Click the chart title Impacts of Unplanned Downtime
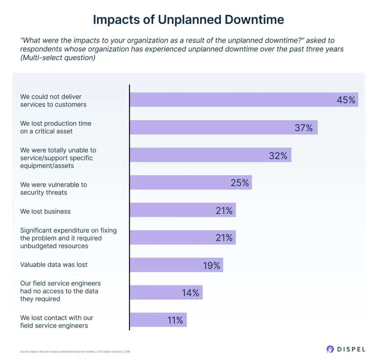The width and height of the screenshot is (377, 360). pos(188,19)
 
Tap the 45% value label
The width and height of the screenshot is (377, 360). pos(346,100)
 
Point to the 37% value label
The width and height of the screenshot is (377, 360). pos(303,128)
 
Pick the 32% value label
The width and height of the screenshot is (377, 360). pos(278,155)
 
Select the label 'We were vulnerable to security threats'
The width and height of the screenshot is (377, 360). pos(53,188)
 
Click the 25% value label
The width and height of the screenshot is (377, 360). pos(240,182)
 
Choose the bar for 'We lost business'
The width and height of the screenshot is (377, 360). pos(182,210)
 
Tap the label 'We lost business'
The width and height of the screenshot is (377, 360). pos(45,211)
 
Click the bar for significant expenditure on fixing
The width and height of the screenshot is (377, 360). pos(182,238)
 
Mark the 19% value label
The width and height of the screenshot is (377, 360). pos(211,265)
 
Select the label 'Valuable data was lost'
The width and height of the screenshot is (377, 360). pos(54,265)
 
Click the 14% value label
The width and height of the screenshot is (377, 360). pos(190,293)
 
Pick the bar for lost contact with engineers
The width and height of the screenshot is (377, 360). pos(158,320)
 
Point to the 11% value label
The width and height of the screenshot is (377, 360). pos(175,320)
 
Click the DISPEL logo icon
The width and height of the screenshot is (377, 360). pos(330,349)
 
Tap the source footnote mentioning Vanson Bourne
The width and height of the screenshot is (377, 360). pos(75,352)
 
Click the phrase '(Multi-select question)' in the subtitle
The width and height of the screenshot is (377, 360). pos(58,58)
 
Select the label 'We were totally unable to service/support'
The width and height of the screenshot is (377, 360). pos(56,158)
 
